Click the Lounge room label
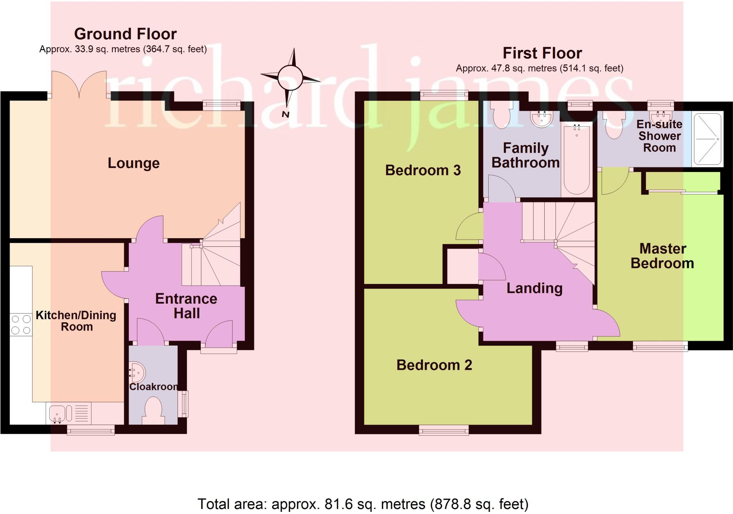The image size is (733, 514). (x=134, y=163)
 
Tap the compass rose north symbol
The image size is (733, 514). (x=290, y=78)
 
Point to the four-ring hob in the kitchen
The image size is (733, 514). (x=21, y=324)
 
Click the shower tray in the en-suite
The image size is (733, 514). (x=707, y=139)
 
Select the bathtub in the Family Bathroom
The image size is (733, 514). (x=576, y=159)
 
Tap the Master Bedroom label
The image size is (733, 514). (x=662, y=256)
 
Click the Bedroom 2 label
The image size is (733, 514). (x=434, y=365)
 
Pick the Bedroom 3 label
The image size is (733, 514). (x=423, y=170)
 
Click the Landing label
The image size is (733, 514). (x=534, y=288)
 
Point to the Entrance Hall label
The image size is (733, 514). (x=186, y=306)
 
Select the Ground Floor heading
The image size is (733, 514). (x=125, y=34)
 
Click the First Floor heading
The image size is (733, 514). (x=542, y=53)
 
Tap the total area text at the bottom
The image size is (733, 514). (x=363, y=504)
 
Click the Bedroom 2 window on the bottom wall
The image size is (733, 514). (x=444, y=430)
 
